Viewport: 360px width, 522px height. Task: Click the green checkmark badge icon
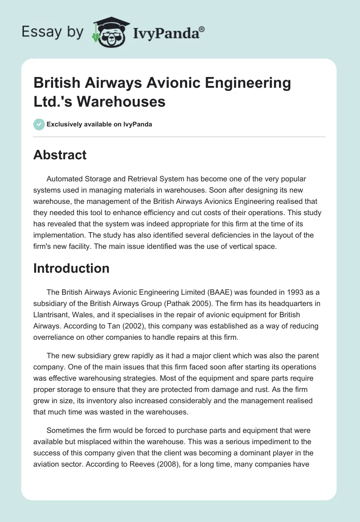(x=39, y=124)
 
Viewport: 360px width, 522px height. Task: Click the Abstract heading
(x=60, y=155)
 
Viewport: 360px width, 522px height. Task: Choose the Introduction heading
(x=71, y=268)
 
